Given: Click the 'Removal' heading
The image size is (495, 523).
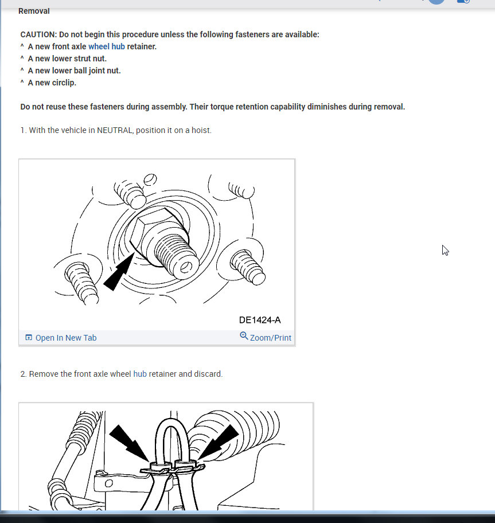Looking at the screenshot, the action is pos(34,11).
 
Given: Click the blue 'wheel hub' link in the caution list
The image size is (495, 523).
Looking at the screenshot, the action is pos(107,46).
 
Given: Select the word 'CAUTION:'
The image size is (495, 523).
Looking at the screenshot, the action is pos(38,34).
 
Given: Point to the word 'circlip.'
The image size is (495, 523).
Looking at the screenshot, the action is pos(64,83).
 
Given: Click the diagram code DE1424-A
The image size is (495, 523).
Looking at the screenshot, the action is pos(260,320).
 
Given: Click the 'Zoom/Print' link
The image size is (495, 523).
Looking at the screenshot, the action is pos(271,338).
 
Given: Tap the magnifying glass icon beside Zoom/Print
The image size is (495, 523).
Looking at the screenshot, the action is pos(244,335).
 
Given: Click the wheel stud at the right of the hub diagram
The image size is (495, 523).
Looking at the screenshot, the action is pos(248,267).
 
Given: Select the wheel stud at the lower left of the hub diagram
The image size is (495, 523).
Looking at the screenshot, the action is pos(81,283).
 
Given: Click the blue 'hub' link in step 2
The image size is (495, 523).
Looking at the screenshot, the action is pos(140,374).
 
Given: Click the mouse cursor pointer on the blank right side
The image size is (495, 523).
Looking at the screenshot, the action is pos(445,251).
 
